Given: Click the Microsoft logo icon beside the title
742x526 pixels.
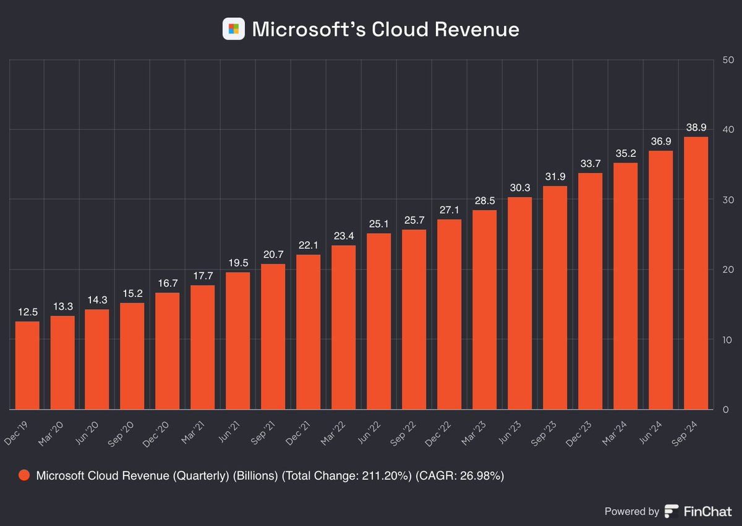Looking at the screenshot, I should coord(234,29).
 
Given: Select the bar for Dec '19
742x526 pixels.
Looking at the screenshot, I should coord(27,365).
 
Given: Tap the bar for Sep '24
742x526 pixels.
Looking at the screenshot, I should coord(695,273).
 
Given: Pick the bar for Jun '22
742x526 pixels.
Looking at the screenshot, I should coord(378,321).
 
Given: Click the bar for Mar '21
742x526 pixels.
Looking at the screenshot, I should coord(202,347).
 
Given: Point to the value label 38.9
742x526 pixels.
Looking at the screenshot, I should coord(695,128).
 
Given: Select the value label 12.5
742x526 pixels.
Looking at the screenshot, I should coord(27,313).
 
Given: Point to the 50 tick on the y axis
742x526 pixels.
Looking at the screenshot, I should coord(727,60).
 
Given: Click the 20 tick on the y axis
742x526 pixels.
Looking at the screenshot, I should coord(727,269).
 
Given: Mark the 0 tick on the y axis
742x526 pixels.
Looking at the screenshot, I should coord(725,409).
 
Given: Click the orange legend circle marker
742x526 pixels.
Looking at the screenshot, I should coord(24,476).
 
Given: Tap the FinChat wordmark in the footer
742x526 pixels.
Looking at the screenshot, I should coord(707,511).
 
